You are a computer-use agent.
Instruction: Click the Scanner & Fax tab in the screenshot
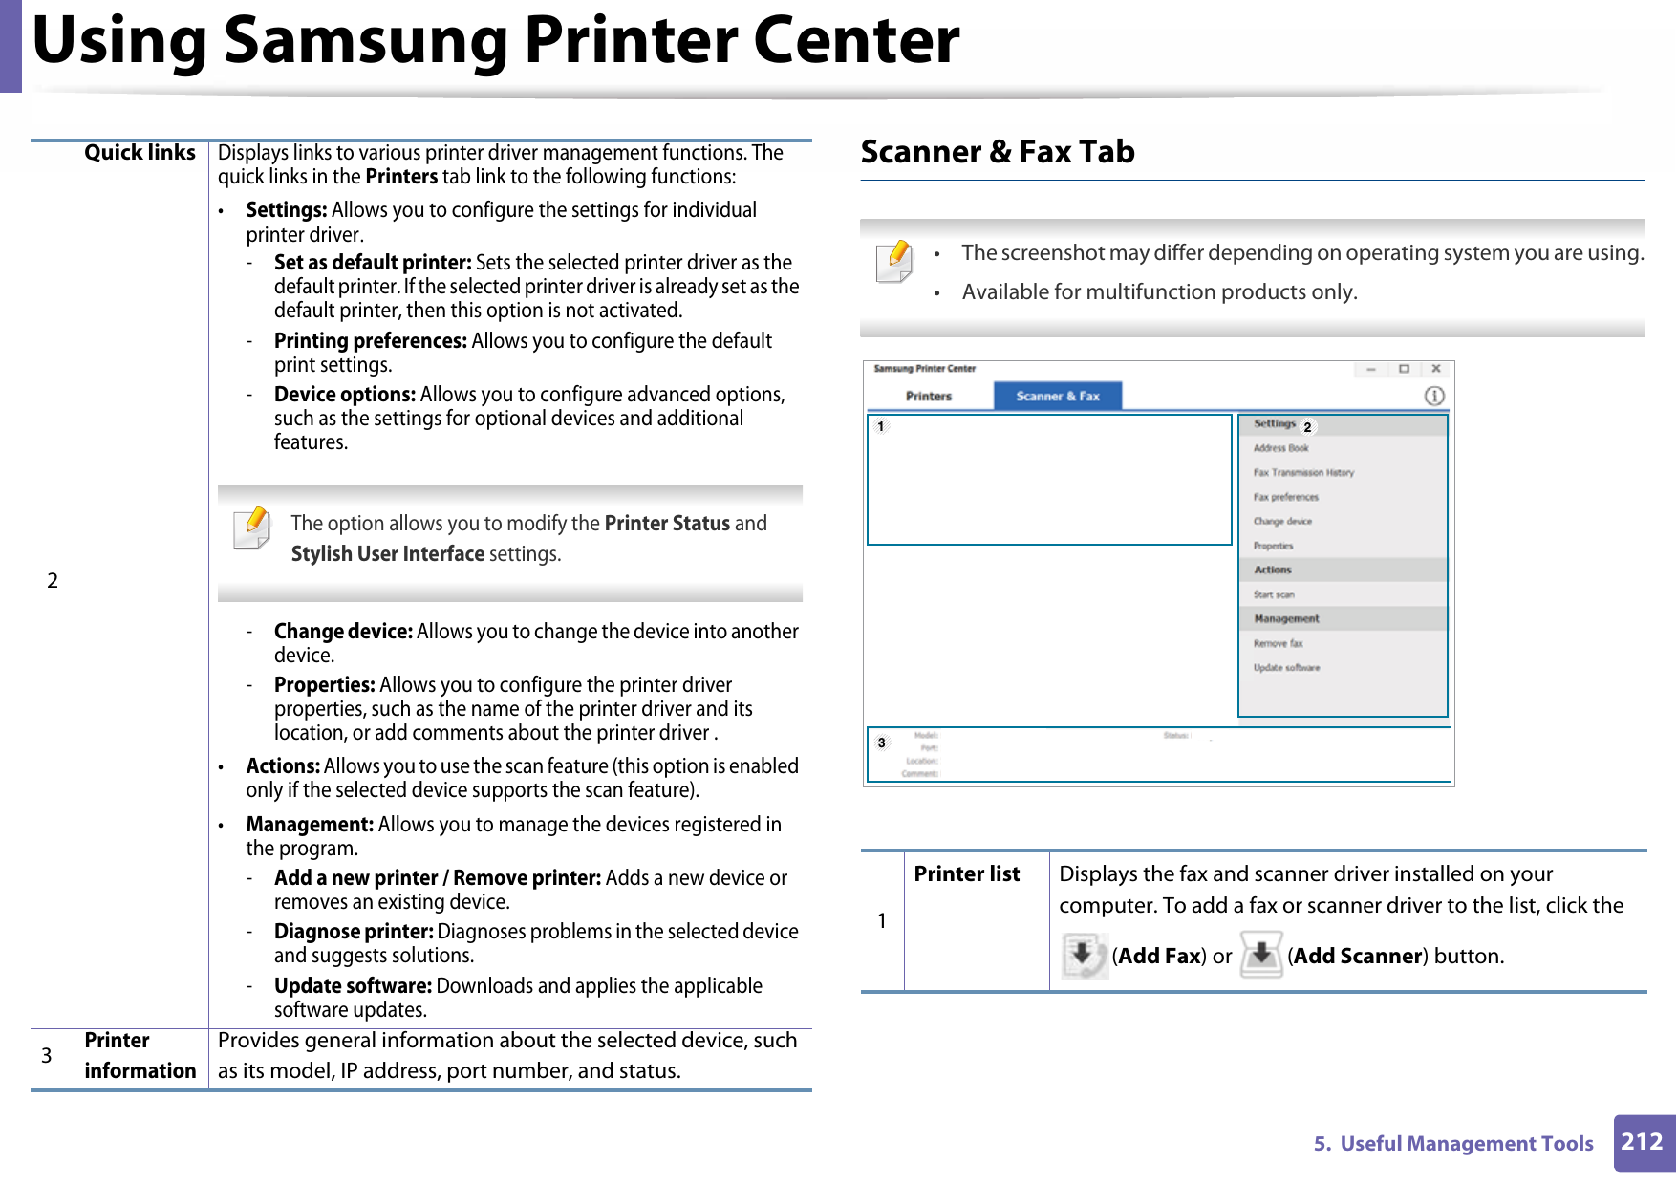click(x=1057, y=396)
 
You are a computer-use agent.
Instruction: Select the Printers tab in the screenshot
click(x=928, y=396)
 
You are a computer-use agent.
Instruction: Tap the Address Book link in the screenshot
click(x=1280, y=448)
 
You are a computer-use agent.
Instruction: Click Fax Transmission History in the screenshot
click(x=1303, y=472)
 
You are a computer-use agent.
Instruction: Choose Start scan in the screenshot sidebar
click(x=1274, y=594)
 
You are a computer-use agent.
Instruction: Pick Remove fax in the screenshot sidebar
click(x=1278, y=643)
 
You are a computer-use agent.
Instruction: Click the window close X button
click(x=1435, y=369)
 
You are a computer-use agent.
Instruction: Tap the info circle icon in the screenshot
click(x=1434, y=396)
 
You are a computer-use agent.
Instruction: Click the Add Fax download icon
click(x=1084, y=955)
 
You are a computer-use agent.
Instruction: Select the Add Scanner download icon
click(x=1261, y=955)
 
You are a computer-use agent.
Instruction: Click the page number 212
click(x=1643, y=1142)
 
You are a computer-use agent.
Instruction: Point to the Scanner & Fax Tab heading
click(x=998, y=152)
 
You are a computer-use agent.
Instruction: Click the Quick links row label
click(x=140, y=153)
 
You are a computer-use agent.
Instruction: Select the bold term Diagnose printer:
click(x=354, y=932)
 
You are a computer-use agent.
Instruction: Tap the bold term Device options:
click(x=344, y=395)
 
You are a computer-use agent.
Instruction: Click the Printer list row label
click(x=966, y=873)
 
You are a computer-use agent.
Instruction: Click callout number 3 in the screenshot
click(x=882, y=743)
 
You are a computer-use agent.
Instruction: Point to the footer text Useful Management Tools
click(x=1466, y=1144)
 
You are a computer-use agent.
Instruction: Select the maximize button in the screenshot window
click(x=1404, y=369)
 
